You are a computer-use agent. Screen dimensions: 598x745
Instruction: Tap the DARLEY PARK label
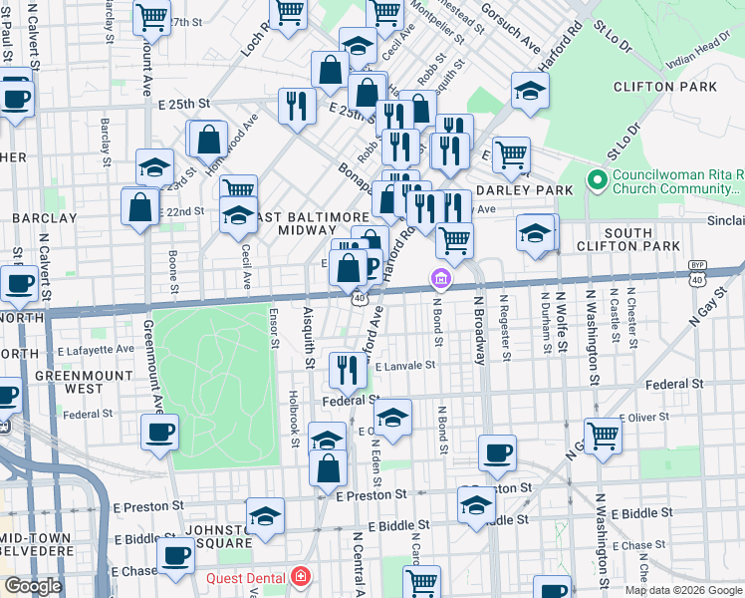[526, 190]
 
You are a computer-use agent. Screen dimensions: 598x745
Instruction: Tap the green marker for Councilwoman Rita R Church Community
[598, 180]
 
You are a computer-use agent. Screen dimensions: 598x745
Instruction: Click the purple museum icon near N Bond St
[438, 279]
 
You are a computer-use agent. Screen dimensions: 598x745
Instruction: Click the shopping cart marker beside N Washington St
[603, 435]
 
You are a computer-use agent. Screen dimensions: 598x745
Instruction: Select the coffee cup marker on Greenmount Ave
[159, 432]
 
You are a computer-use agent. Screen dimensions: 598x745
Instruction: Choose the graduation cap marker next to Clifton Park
[531, 91]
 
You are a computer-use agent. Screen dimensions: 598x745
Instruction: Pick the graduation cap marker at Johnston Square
[265, 515]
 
